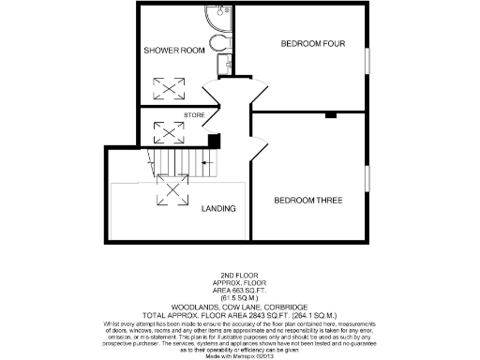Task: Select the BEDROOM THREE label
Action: [x=307, y=200]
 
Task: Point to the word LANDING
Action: [x=217, y=207]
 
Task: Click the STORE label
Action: [x=182, y=114]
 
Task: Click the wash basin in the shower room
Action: [x=225, y=64]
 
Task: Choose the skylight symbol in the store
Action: [x=170, y=131]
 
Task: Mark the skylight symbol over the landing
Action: [x=172, y=193]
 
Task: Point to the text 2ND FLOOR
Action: [x=239, y=276]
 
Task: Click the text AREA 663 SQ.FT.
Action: [x=239, y=290]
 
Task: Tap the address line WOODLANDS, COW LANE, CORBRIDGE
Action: [x=239, y=307]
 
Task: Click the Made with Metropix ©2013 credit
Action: [x=239, y=351]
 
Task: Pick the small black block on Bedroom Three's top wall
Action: [x=330, y=115]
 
